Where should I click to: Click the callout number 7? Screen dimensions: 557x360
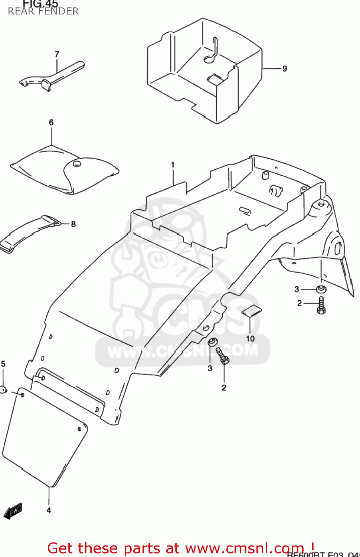click(57, 54)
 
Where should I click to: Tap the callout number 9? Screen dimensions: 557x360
click(285, 69)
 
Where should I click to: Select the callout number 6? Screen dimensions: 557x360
click(51, 123)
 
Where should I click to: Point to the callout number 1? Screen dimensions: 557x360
click(173, 165)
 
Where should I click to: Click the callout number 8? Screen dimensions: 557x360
click(73, 224)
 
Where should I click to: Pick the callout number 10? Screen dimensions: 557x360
click(251, 338)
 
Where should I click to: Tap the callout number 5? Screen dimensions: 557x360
click(3, 364)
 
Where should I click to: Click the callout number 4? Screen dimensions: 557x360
click(49, 510)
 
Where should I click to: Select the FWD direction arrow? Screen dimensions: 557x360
click(13, 511)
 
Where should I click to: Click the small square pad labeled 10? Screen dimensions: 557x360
click(252, 310)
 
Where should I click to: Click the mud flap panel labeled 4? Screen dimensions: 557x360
click(45, 438)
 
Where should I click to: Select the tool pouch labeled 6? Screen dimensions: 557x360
click(63, 171)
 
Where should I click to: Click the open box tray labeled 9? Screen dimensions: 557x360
click(204, 71)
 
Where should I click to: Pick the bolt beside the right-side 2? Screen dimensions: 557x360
click(321, 305)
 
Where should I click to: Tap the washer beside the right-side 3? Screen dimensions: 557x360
click(321, 289)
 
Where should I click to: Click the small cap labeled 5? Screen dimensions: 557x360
click(3, 390)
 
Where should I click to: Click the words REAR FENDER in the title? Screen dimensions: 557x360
click(43, 12)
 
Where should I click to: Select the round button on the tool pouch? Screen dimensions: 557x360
click(77, 163)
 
